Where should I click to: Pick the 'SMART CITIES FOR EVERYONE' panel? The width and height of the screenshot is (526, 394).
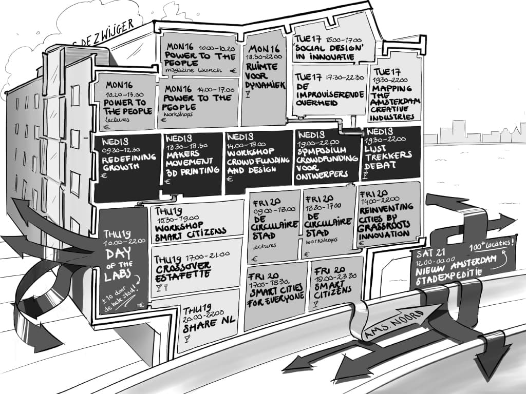pos(276,295)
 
